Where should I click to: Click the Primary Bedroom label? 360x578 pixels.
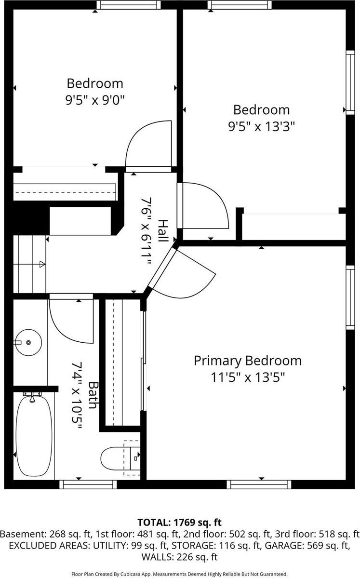[x=247, y=361]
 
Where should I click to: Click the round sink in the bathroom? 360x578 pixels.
[x=28, y=342]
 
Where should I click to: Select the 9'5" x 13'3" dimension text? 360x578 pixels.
[x=261, y=126]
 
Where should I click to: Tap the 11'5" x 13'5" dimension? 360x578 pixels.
[x=247, y=377]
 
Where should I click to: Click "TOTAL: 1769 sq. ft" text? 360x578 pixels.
[x=179, y=523]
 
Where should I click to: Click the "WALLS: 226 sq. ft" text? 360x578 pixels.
[x=180, y=557]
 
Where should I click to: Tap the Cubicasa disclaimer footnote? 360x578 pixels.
[x=179, y=574]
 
